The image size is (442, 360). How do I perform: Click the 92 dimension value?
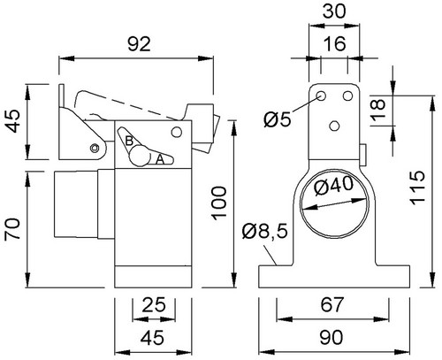click(x=139, y=44)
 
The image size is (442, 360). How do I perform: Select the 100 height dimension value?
click(x=219, y=203)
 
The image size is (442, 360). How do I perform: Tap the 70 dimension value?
click(x=12, y=228)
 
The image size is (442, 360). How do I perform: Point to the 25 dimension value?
click(x=154, y=305)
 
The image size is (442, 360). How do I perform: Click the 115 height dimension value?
click(x=417, y=188)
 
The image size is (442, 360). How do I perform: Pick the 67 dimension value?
click(x=331, y=304)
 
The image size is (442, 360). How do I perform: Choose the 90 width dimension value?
click(x=331, y=337)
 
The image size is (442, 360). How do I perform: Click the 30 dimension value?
click(x=334, y=11)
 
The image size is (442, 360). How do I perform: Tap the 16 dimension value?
click(x=334, y=43)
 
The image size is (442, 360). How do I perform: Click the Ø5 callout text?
click(x=278, y=119)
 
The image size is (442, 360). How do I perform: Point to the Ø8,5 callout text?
click(x=264, y=231)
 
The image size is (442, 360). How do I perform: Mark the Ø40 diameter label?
click(x=333, y=187)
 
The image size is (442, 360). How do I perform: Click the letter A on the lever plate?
click(x=159, y=159)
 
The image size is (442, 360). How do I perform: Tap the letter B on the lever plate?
click(x=129, y=141)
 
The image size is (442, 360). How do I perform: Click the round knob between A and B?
click(x=141, y=157)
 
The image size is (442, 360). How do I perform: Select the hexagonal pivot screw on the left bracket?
click(x=95, y=149)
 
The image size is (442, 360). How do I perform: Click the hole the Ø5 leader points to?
click(x=321, y=96)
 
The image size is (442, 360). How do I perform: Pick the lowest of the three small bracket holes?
click(x=334, y=126)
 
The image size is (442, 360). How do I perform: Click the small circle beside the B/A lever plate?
click(x=177, y=132)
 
